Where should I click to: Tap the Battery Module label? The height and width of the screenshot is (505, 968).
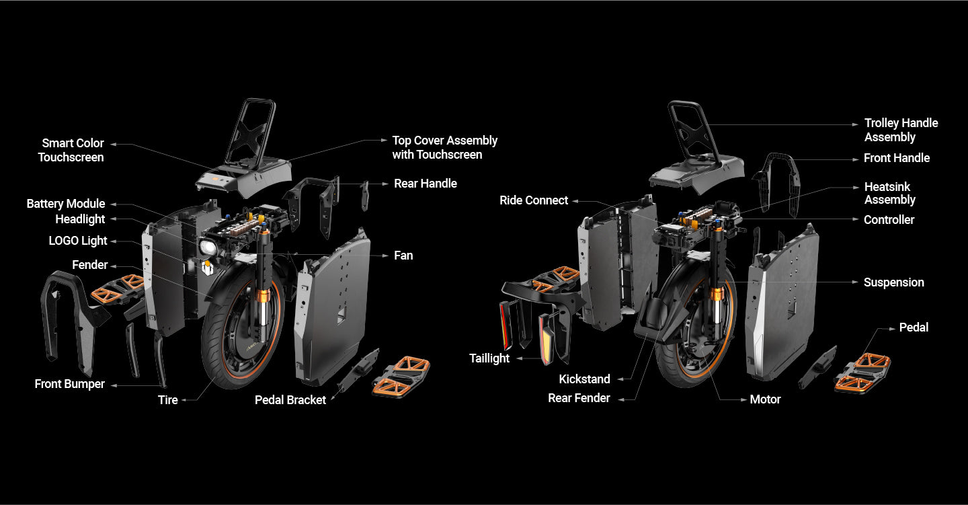coord(66,204)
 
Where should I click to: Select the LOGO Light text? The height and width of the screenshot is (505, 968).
coord(78,241)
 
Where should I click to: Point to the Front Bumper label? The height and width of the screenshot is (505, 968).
coord(70,384)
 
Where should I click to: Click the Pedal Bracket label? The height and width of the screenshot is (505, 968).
coord(290,400)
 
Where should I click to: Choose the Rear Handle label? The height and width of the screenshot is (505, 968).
coord(426,184)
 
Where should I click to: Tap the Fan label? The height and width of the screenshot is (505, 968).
coord(403,256)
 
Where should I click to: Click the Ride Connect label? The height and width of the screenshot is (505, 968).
coord(534,200)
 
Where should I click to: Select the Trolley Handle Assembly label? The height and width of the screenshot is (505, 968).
coord(901,130)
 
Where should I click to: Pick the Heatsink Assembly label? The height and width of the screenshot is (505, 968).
coord(889,193)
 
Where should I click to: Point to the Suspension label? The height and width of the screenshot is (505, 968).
coord(893,282)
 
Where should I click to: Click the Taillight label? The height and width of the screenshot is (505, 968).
coord(489,358)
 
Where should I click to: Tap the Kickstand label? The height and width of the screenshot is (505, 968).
coord(585,379)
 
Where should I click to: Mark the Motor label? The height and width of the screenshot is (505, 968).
coord(765,399)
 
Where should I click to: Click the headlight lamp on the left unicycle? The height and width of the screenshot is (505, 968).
coord(208,247)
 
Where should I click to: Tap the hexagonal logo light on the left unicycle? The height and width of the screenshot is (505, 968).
coord(208,269)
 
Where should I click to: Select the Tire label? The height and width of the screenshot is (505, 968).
coord(168,400)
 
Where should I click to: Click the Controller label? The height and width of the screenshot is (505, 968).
coord(889,220)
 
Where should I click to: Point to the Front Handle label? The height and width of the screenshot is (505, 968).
coord(897,158)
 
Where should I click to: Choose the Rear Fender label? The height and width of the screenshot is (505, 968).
coord(579,398)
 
